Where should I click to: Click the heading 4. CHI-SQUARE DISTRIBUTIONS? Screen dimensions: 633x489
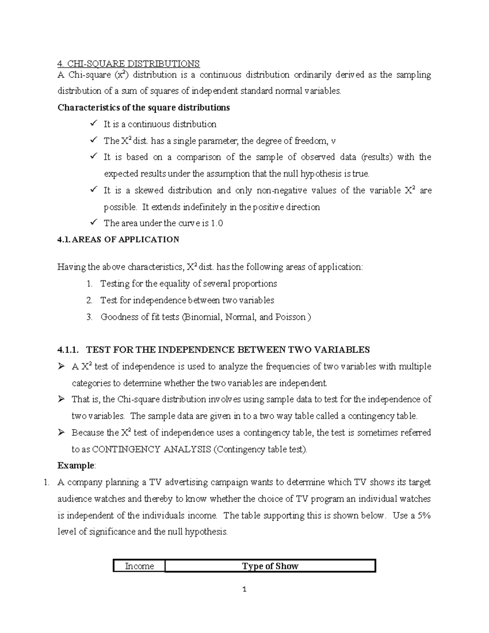coord(128,64)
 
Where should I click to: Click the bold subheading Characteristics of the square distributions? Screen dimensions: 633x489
coord(143,108)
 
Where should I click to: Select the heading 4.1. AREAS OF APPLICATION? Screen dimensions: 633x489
coord(118,240)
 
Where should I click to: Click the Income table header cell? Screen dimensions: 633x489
coord(139,566)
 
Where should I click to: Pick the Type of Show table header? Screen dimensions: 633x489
coord(270,566)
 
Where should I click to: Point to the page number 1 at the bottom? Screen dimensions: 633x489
coord(244,589)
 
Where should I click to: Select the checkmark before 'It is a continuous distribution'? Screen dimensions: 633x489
coord(94,124)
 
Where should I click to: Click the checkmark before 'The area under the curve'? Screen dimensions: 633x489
coord(94,223)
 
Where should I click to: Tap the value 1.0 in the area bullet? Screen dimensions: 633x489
coord(217,223)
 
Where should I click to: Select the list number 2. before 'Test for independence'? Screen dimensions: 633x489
coord(90,300)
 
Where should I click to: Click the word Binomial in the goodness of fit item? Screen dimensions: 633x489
coord(203,317)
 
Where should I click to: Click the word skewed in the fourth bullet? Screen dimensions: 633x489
coord(149,191)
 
